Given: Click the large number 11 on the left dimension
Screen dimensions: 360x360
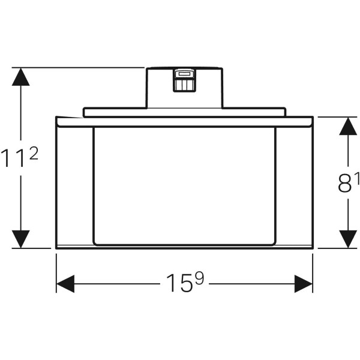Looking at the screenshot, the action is point(14,158).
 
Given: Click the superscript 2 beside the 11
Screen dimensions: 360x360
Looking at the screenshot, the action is point(34,154).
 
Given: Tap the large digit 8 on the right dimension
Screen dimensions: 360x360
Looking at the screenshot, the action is point(344,182).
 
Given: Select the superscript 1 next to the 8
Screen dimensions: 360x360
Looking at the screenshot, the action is point(357,178).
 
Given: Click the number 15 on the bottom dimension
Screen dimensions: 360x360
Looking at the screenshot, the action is point(179,283).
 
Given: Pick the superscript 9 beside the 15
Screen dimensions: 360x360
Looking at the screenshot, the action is point(199,278).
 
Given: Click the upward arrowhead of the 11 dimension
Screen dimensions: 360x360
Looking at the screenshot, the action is point(20,77).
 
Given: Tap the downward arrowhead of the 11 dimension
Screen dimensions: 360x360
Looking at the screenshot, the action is point(20,239).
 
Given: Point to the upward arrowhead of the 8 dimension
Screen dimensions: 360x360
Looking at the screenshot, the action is point(348,126).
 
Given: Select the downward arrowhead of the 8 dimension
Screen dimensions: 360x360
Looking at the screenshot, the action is point(348,239).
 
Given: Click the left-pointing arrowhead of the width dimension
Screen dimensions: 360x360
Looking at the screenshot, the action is point(65,284).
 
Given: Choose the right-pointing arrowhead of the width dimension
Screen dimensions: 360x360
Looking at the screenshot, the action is point(304,284).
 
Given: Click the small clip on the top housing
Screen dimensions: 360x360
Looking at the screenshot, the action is point(185,80).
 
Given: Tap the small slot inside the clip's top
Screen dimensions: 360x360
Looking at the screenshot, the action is point(184,74).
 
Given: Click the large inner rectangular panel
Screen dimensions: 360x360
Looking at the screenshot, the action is point(185,186).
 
